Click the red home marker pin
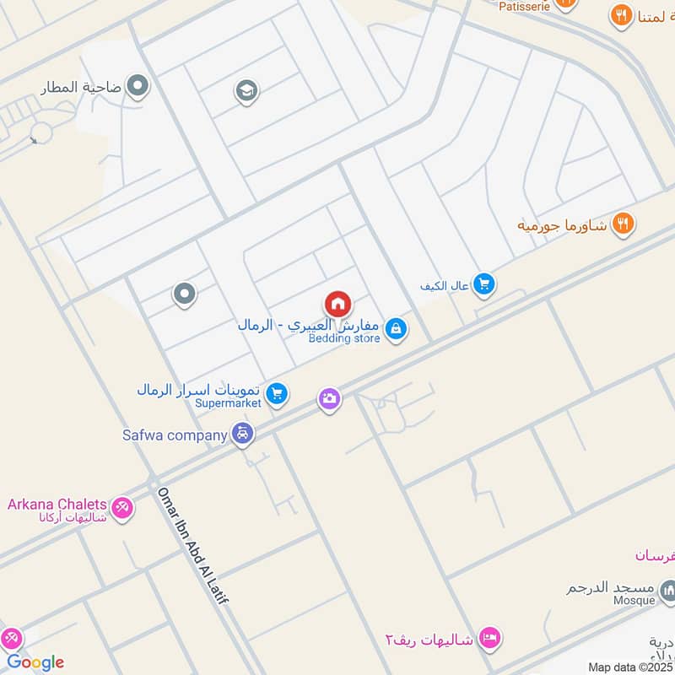[x=337, y=304]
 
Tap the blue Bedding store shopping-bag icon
[x=396, y=329]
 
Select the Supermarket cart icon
[x=277, y=392]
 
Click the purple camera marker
[x=330, y=398]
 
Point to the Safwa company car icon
[x=243, y=435]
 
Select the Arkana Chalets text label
[x=57, y=505]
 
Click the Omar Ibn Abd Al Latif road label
[x=193, y=545]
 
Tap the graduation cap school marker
[x=246, y=90]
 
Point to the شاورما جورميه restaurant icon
[x=624, y=224]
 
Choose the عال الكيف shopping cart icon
[x=483, y=285]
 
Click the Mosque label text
[x=634, y=601]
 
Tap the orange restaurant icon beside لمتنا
[x=622, y=14]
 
